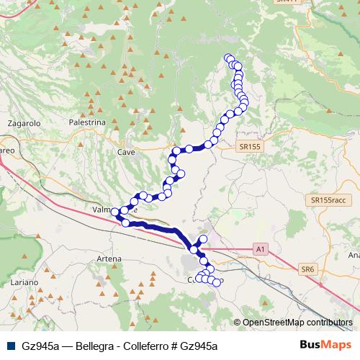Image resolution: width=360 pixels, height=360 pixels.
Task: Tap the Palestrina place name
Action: [87, 123]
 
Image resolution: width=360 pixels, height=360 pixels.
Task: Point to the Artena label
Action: [107, 257]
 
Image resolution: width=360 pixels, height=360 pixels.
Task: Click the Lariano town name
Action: [24, 284]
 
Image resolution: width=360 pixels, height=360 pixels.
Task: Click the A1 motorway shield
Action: [261, 249]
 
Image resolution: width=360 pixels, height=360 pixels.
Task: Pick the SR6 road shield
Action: [308, 269]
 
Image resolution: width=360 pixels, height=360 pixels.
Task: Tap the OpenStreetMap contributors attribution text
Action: [297, 323]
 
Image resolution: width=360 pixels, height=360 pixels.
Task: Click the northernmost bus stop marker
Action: [228, 58]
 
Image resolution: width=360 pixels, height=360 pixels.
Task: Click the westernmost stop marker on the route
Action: [115, 212]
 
